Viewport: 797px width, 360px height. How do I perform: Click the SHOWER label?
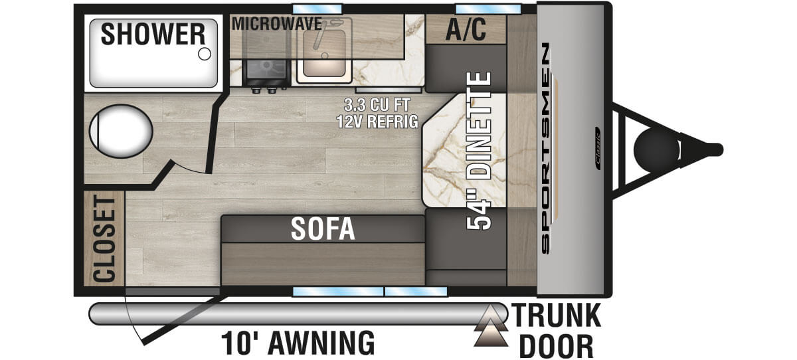click(153, 34)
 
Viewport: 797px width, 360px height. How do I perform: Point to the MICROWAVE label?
click(276, 24)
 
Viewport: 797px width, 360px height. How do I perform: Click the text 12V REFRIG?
click(376, 122)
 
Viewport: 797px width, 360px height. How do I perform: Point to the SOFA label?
click(323, 229)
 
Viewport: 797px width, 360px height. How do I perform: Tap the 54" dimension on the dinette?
click(480, 213)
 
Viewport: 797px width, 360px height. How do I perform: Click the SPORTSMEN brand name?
click(545, 148)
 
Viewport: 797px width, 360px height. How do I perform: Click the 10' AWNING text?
click(298, 343)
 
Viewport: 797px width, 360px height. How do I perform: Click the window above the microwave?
click(317, 9)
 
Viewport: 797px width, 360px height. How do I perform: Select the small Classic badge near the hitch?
click(598, 148)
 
